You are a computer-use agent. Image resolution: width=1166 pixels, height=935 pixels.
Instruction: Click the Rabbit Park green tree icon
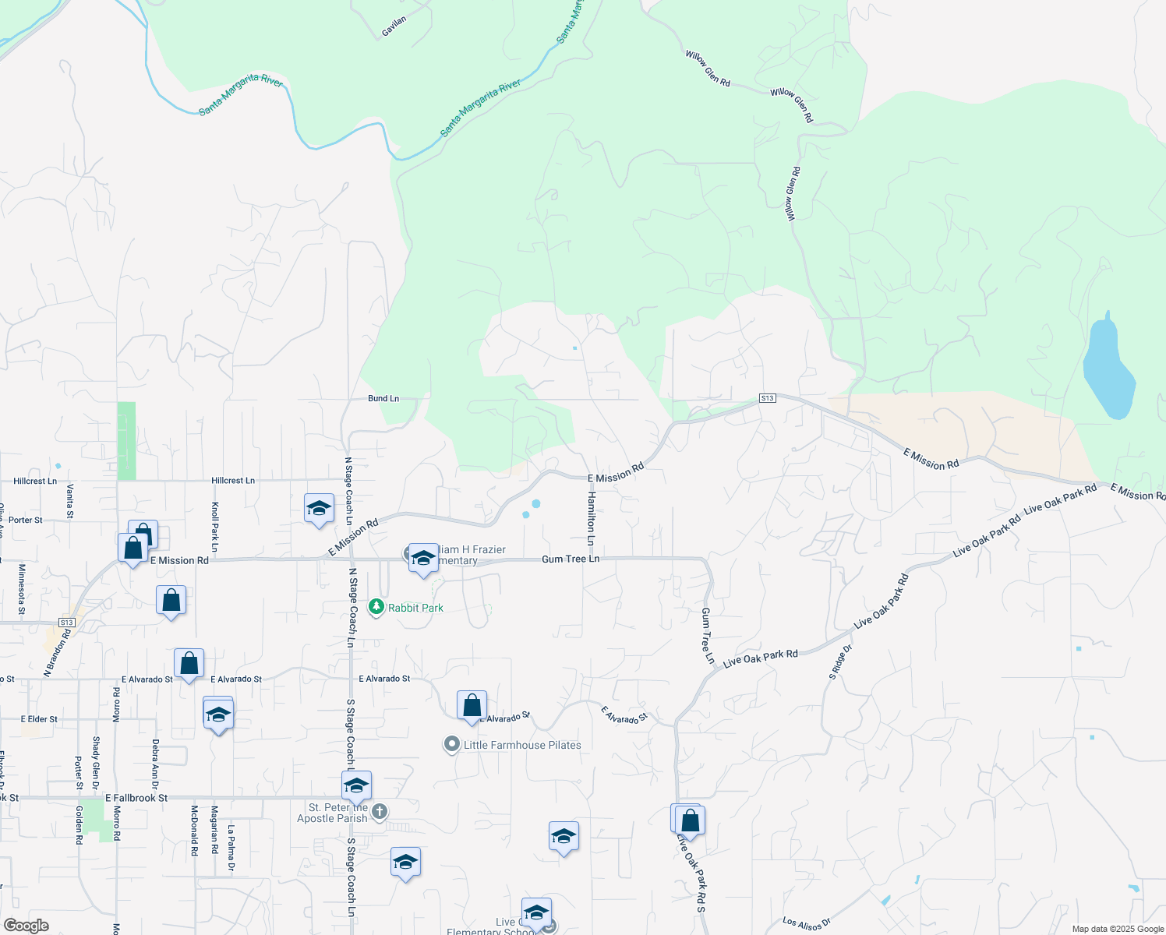tap(376, 607)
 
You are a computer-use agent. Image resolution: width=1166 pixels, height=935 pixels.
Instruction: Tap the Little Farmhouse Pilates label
tap(522, 745)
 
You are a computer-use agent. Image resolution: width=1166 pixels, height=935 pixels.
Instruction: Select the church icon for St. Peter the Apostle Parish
tap(379, 813)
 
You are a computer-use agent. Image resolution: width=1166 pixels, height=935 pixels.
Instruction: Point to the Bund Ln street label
tap(383, 398)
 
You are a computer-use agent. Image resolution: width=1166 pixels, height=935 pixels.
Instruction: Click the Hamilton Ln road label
tap(591, 518)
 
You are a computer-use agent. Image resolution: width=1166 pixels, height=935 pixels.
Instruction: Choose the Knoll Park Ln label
tap(215, 527)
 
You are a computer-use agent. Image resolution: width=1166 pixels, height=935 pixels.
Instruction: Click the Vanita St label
tap(70, 501)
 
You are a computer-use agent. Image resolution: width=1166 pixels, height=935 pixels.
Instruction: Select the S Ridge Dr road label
tap(842, 662)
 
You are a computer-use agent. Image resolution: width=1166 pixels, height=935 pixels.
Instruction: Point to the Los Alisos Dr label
tap(807, 924)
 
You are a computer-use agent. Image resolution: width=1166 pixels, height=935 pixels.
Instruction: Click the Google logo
tap(26, 926)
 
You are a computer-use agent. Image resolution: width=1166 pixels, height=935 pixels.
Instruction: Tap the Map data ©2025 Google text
tap(1118, 929)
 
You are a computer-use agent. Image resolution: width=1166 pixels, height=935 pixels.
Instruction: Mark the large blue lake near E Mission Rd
tap(1107, 366)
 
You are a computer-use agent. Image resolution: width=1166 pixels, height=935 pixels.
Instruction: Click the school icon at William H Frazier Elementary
tap(423, 558)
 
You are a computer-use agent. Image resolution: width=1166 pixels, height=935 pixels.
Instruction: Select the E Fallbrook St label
tap(136, 798)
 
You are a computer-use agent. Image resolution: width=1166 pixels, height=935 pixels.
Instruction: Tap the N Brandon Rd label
tap(57, 652)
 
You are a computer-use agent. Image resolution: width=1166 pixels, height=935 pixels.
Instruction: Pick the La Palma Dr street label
tap(231, 849)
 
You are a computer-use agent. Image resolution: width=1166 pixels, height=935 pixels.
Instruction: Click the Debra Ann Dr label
tap(155, 764)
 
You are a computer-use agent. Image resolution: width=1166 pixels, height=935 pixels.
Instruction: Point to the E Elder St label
tap(39, 719)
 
